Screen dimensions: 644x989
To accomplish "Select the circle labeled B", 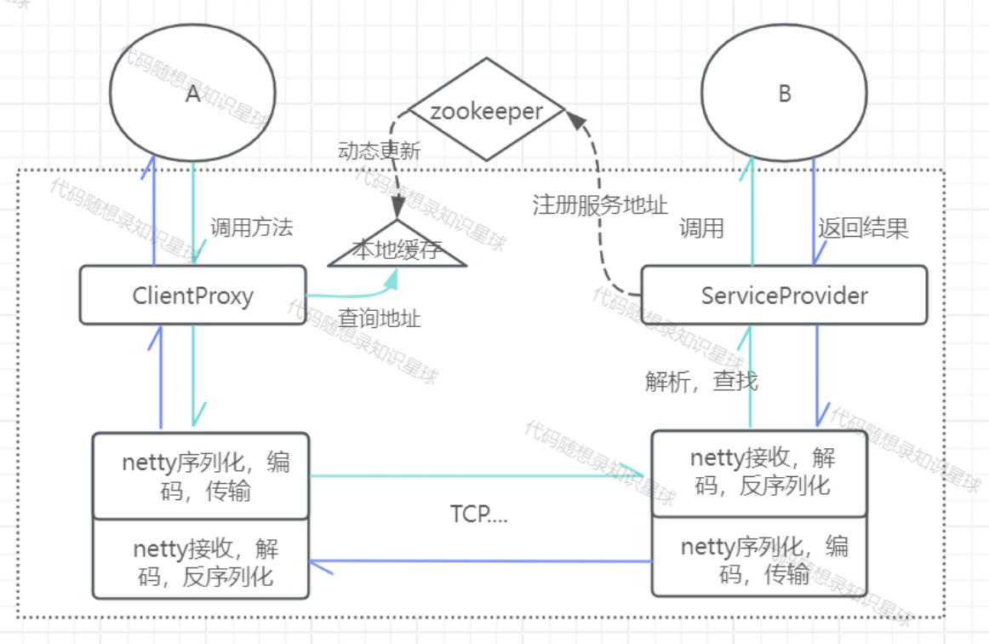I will tap(783, 93).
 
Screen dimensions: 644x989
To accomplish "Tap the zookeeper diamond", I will tap(486, 111).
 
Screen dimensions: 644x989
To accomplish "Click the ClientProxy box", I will tap(192, 296).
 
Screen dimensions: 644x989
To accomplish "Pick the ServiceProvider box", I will tap(783, 296).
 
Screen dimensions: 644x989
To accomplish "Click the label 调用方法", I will tap(251, 227).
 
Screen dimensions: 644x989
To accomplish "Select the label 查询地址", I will tap(380, 319).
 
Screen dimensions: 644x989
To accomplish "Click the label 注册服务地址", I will tap(600, 205).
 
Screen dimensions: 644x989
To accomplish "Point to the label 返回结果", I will tap(863, 228).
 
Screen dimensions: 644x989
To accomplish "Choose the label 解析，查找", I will tap(701, 381).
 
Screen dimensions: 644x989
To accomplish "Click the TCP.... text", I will tap(478, 515).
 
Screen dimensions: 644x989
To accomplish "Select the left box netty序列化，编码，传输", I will tap(201, 476).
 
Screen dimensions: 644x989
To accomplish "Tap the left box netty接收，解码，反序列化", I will tap(201, 560).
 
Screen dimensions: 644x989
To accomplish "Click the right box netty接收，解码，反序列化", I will tap(759, 472).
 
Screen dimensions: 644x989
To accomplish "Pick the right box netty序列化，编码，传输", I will tap(759, 559).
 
